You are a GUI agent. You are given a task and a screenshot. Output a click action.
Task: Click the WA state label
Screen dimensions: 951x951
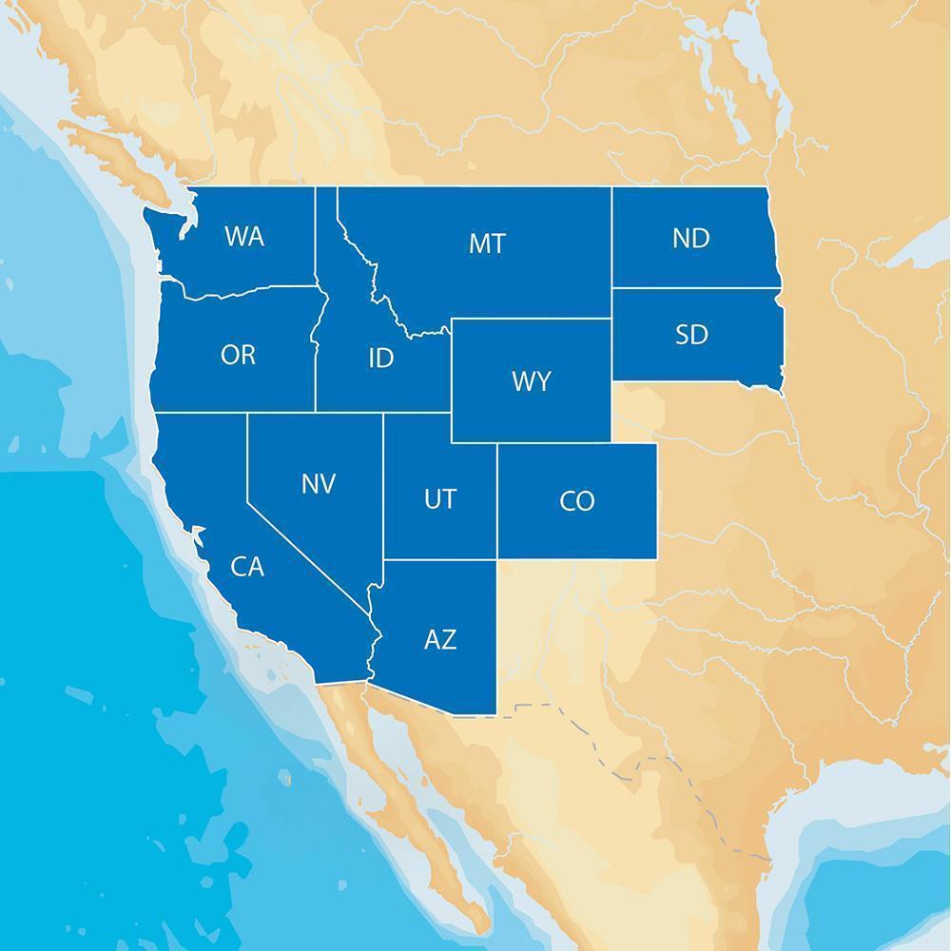[x=244, y=237]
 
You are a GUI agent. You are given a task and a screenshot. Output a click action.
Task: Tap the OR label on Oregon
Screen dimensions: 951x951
[x=238, y=355]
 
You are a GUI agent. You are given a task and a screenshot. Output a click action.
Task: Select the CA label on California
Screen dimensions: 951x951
[x=247, y=567]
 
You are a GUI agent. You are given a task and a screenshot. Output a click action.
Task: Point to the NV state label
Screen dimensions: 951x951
[x=319, y=484]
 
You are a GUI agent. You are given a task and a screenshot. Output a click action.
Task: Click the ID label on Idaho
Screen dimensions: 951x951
[x=380, y=359]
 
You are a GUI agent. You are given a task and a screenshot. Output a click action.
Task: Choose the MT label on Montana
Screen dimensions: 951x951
[x=487, y=243]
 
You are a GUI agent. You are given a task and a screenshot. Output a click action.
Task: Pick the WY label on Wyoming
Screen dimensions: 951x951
[x=531, y=381]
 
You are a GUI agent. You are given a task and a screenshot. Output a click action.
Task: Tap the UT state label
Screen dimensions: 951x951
[x=439, y=498]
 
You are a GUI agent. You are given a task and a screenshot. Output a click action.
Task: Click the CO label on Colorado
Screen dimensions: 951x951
[x=577, y=500]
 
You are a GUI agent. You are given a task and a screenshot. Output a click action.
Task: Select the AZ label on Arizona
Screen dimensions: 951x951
[x=439, y=639]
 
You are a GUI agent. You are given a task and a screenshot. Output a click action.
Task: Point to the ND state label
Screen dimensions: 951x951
[x=691, y=238]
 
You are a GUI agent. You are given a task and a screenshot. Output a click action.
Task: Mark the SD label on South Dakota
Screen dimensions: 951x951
[x=691, y=335]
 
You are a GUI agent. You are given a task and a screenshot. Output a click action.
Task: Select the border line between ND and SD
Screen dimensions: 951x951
[x=694, y=287]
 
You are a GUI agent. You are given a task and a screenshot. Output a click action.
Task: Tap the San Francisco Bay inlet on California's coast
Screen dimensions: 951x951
[x=197, y=534]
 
